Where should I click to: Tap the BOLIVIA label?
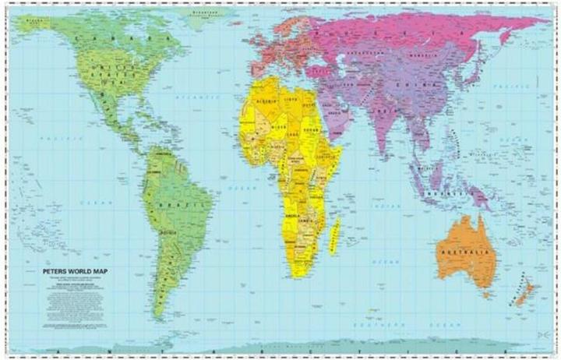[168, 231]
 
